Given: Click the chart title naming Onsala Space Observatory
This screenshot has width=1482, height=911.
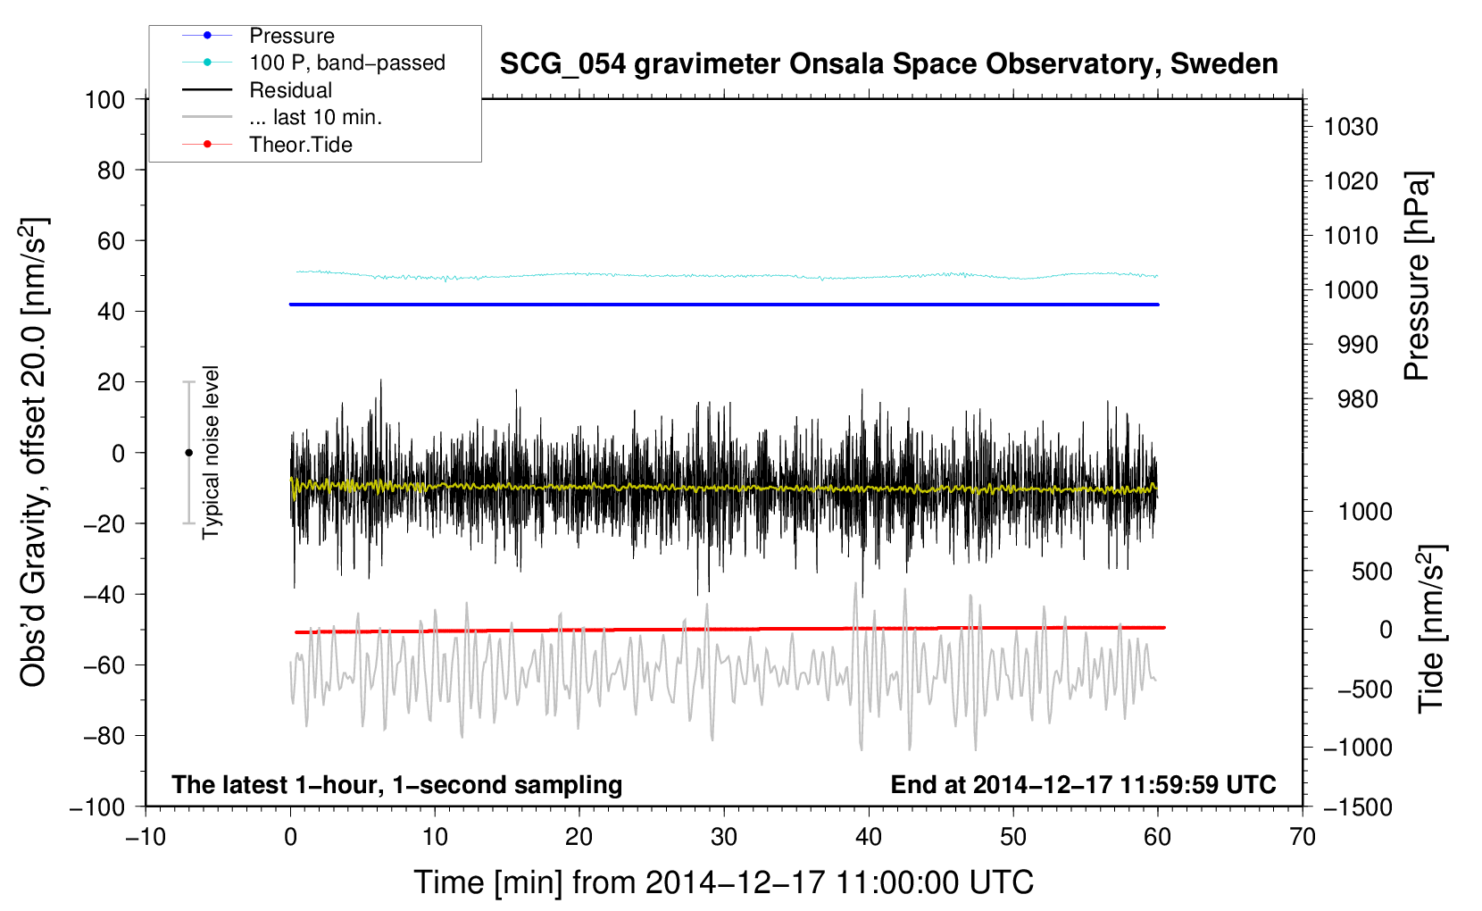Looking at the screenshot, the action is click(888, 64).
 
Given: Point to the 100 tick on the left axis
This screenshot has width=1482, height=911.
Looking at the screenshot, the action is click(105, 100).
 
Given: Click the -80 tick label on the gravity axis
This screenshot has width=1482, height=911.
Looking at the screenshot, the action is click(104, 736).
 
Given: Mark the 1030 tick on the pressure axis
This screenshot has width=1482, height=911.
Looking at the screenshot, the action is click(1351, 127).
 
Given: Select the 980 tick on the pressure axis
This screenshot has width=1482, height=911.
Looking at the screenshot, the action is click(1358, 399).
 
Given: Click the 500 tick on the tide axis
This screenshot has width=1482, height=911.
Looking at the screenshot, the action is click(1371, 572).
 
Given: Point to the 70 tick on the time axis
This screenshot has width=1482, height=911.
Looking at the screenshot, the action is click(1302, 838).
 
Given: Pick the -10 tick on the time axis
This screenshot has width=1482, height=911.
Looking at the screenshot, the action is click(146, 838).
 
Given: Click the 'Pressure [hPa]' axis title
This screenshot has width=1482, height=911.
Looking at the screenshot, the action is click(1417, 276).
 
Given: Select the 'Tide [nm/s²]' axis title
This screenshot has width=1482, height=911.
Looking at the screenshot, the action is click(1432, 629).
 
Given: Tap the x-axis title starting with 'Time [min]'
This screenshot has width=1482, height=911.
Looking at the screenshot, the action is click(724, 883).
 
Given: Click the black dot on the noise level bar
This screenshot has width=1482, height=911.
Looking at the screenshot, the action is click(188, 453).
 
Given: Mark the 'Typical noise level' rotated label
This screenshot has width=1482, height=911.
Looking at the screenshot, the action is click(210, 452).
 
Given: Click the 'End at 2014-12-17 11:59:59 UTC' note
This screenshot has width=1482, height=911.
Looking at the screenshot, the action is click(1083, 784).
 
